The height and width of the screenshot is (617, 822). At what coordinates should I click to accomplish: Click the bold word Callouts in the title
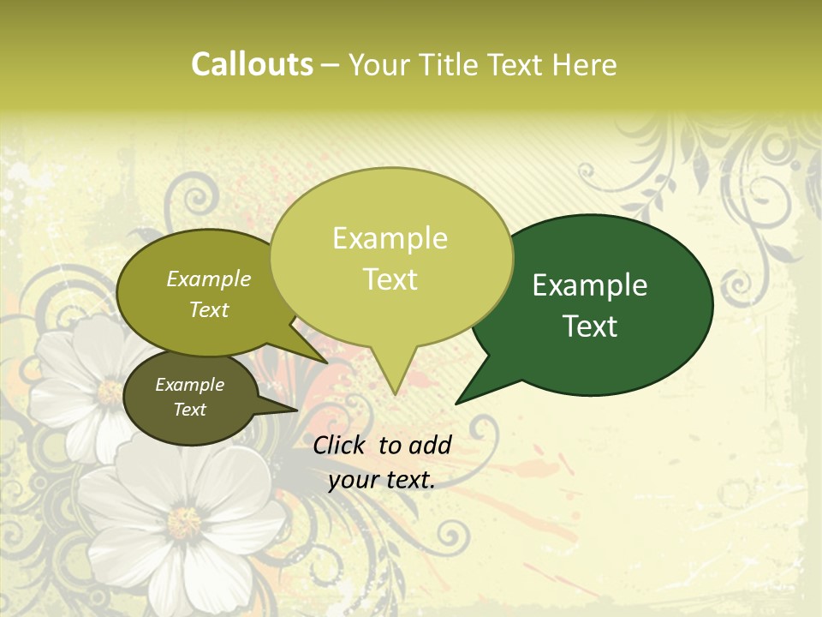coord(252,64)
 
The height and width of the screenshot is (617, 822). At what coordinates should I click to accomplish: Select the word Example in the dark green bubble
coord(590,285)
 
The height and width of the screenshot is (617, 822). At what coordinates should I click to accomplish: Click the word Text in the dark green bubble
coord(590,326)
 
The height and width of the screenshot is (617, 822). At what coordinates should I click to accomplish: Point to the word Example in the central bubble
coord(390,238)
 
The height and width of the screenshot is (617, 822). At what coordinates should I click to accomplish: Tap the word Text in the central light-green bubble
coord(390,279)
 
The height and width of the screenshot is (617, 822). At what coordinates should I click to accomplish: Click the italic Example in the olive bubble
coord(209,279)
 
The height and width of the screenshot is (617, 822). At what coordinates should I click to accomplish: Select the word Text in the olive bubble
coord(209,309)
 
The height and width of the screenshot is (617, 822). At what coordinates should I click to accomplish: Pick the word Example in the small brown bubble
coord(189,385)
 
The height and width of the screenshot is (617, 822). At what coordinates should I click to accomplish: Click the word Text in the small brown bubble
coord(189,410)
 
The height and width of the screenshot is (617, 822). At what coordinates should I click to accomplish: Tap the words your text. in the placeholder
coord(381,480)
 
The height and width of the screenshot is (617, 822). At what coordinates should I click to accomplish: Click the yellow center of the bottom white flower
coord(183,521)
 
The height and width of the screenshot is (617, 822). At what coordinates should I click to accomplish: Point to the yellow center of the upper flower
coord(110,392)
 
